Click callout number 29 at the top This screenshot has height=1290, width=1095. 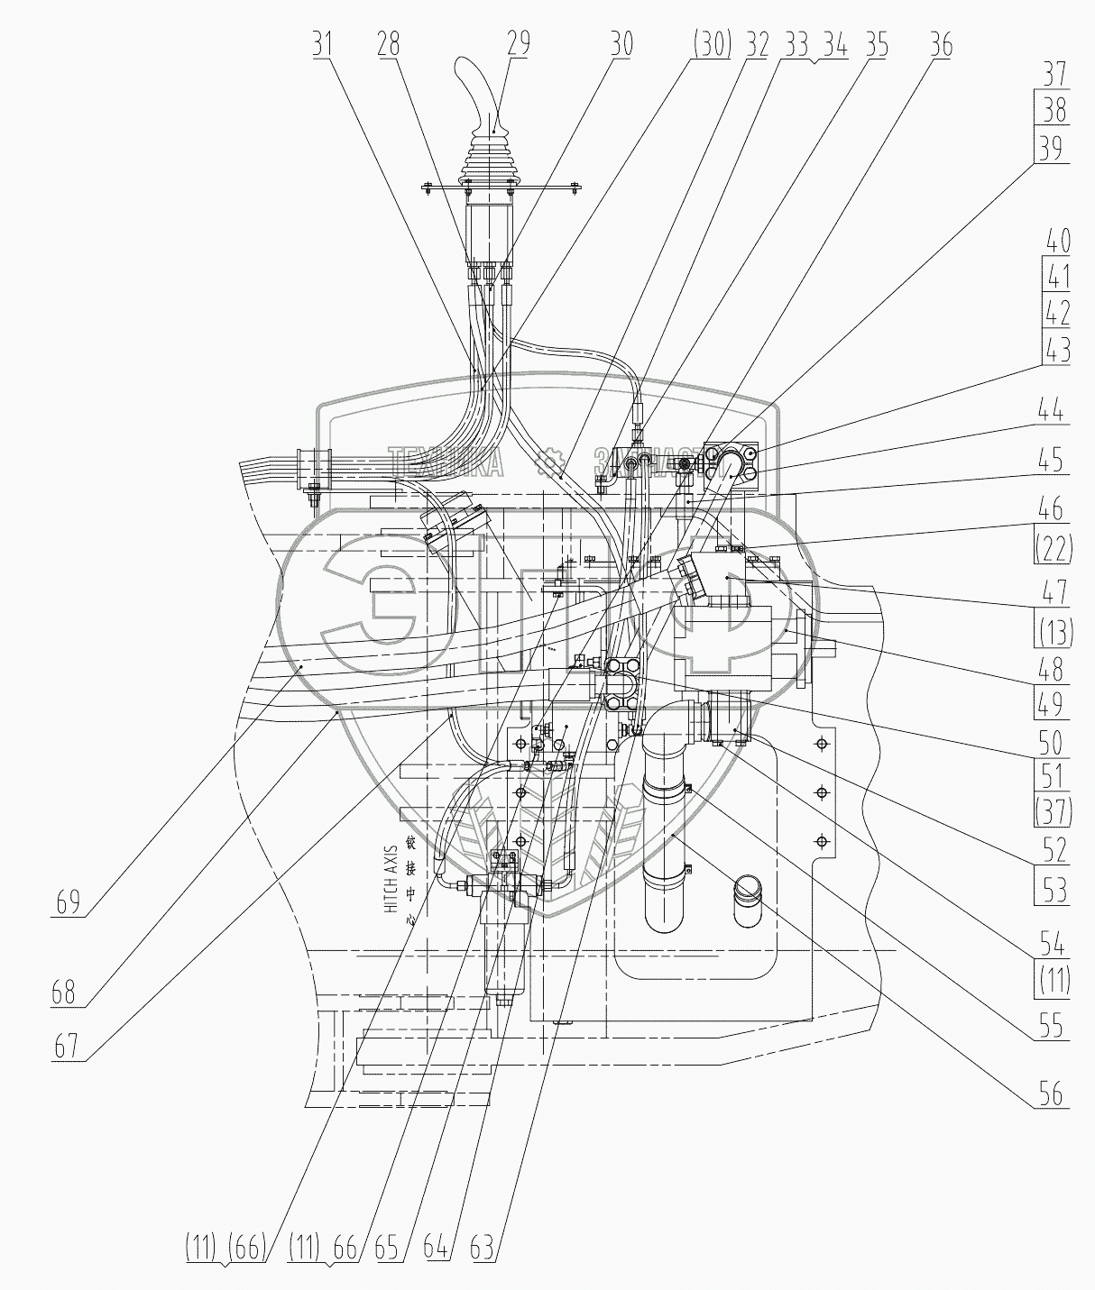click(518, 42)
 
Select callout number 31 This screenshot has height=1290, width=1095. click(322, 42)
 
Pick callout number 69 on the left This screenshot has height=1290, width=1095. click(68, 902)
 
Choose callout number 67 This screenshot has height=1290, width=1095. click(68, 1047)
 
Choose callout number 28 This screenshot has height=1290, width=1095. click(390, 42)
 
